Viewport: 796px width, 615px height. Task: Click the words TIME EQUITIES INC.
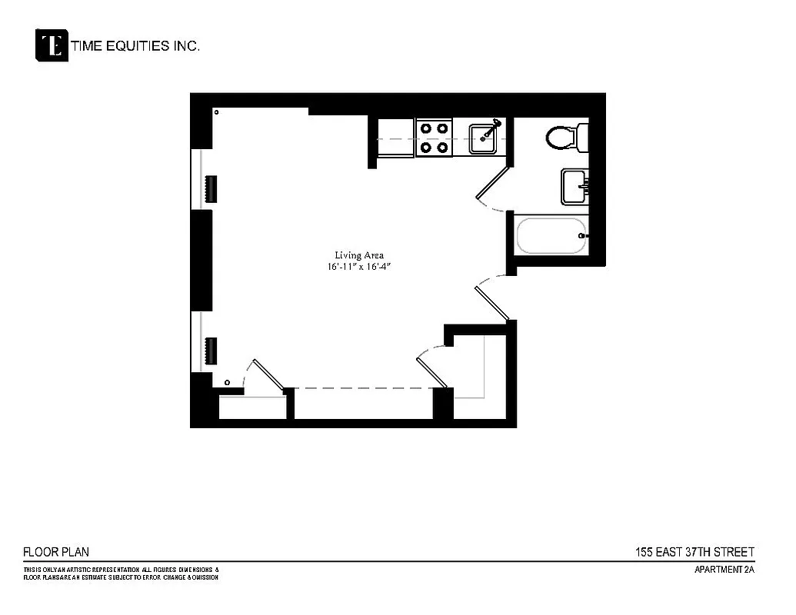(135, 46)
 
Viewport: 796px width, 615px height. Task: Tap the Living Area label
(358, 255)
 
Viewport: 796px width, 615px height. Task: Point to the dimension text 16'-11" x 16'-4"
(358, 267)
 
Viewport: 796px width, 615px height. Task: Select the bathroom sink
(575, 187)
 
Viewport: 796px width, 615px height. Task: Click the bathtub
(551, 236)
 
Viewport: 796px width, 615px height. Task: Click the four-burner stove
(434, 138)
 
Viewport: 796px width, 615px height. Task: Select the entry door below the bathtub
(492, 300)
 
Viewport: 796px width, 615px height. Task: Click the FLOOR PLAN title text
(56, 552)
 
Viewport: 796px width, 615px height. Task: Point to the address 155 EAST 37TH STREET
(694, 552)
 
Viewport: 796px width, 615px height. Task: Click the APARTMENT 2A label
(724, 570)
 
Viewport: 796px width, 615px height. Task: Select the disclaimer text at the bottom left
(122, 573)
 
